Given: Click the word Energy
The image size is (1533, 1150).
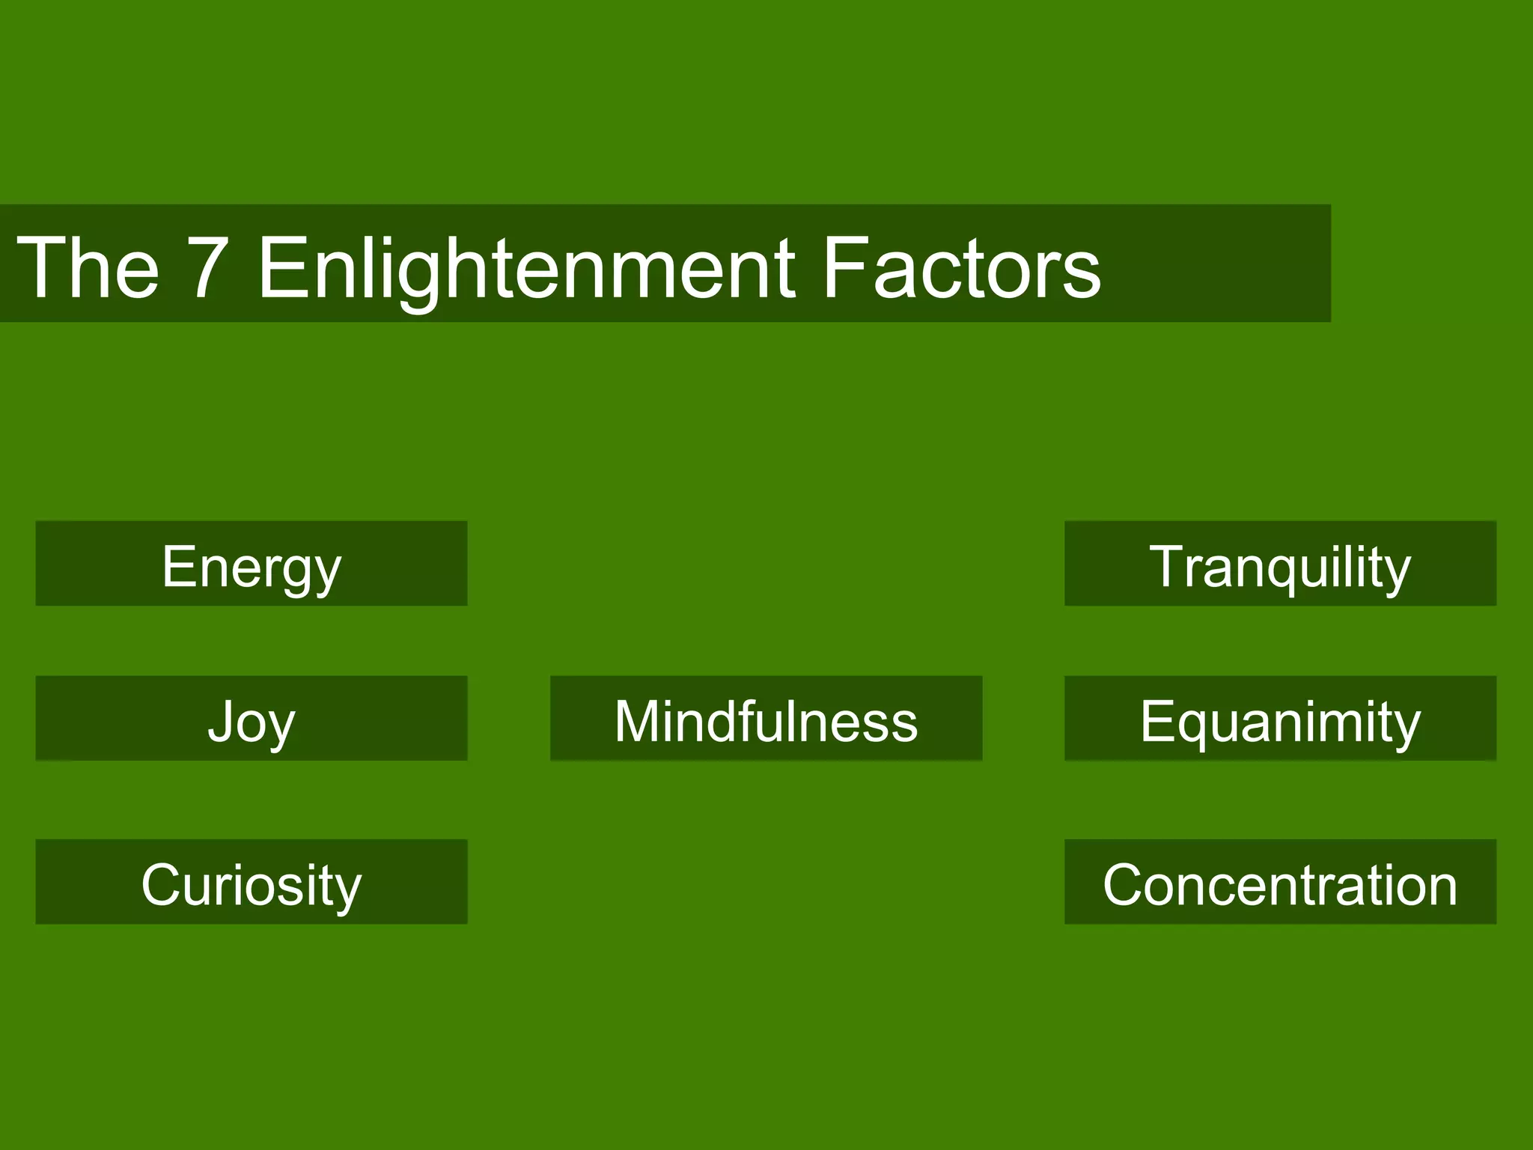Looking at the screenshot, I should coord(252,567).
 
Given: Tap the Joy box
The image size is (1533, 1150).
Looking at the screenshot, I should coord(252,719).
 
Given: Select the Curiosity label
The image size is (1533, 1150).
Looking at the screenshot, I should coord(252,884).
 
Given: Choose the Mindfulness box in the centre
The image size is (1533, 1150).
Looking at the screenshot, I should coord(766,719).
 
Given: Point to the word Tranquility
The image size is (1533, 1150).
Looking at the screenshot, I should coord(1280,567).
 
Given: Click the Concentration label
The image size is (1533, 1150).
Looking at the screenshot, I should coord(1280,884).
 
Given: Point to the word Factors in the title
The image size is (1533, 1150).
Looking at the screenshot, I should coord(961,267).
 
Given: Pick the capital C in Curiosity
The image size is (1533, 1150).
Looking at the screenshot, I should coord(162,884).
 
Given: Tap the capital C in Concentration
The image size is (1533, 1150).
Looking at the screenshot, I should coord(1125,884).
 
